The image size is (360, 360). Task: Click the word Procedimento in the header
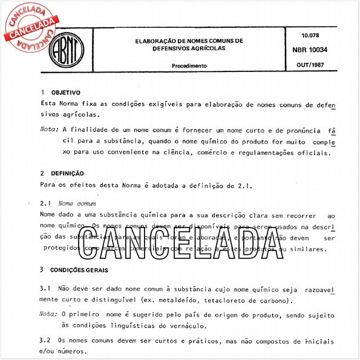[x=189, y=65]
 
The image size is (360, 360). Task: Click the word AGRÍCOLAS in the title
[x=205, y=48]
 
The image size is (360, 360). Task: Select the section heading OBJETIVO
[x=66, y=93]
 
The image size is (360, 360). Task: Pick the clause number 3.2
[x=44, y=340]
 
